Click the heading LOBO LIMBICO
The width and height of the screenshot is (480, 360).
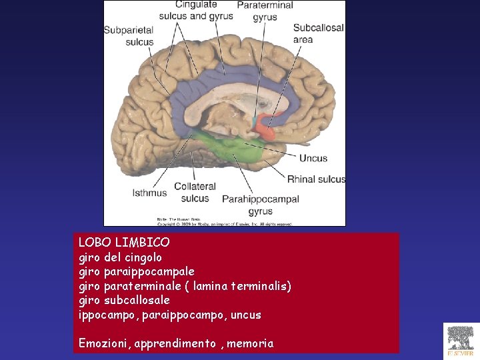[x=124, y=243]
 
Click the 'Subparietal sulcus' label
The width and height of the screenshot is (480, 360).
[x=129, y=35]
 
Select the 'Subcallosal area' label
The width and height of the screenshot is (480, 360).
[x=318, y=34]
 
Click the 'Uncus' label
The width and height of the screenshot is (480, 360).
[x=313, y=158]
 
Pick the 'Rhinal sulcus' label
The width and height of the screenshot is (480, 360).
[x=316, y=179]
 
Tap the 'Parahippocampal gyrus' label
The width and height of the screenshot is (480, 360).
[x=260, y=205]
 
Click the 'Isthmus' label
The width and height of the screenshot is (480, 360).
[x=149, y=193]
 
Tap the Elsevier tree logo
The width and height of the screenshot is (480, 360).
[x=461, y=341]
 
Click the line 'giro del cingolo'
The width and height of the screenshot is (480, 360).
[x=120, y=257]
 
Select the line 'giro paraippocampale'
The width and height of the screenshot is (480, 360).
[x=137, y=272]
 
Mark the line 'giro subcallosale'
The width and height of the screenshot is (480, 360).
[x=124, y=301]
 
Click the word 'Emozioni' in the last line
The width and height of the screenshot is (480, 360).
[x=105, y=343]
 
